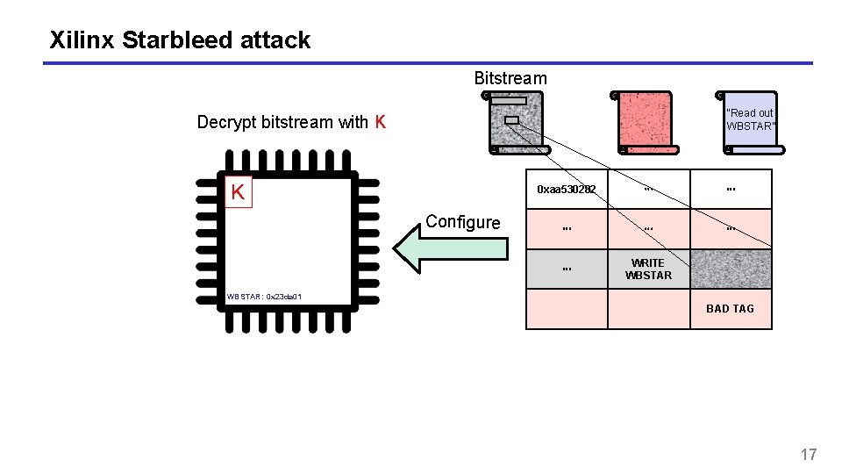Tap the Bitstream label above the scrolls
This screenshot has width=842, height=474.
coord(510,78)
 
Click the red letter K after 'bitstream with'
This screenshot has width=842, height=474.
coord(380,122)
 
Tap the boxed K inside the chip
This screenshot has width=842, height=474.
coord(237,192)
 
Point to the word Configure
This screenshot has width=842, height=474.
coord(462,222)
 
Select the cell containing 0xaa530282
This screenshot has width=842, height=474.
coord(567,190)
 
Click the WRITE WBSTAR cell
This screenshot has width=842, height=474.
coord(648,269)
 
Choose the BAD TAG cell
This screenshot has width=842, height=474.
coord(731,309)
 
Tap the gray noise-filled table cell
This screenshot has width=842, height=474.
coord(731,269)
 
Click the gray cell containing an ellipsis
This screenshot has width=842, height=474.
coord(567,269)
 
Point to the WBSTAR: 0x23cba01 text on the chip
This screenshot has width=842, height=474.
coord(264,297)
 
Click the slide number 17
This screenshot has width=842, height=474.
coord(808,454)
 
